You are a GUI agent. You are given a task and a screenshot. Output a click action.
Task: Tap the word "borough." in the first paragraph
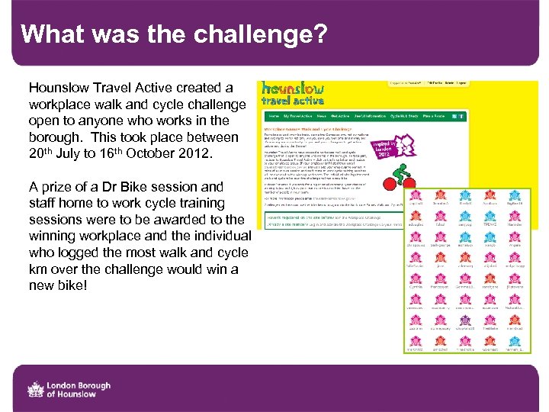(59, 137)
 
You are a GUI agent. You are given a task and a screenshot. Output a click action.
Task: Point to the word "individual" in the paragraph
(208, 236)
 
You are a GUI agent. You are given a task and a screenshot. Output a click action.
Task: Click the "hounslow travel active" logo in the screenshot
(293, 93)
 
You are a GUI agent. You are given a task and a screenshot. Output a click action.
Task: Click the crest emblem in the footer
(35, 389)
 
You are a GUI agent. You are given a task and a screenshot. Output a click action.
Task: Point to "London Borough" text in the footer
(79, 385)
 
